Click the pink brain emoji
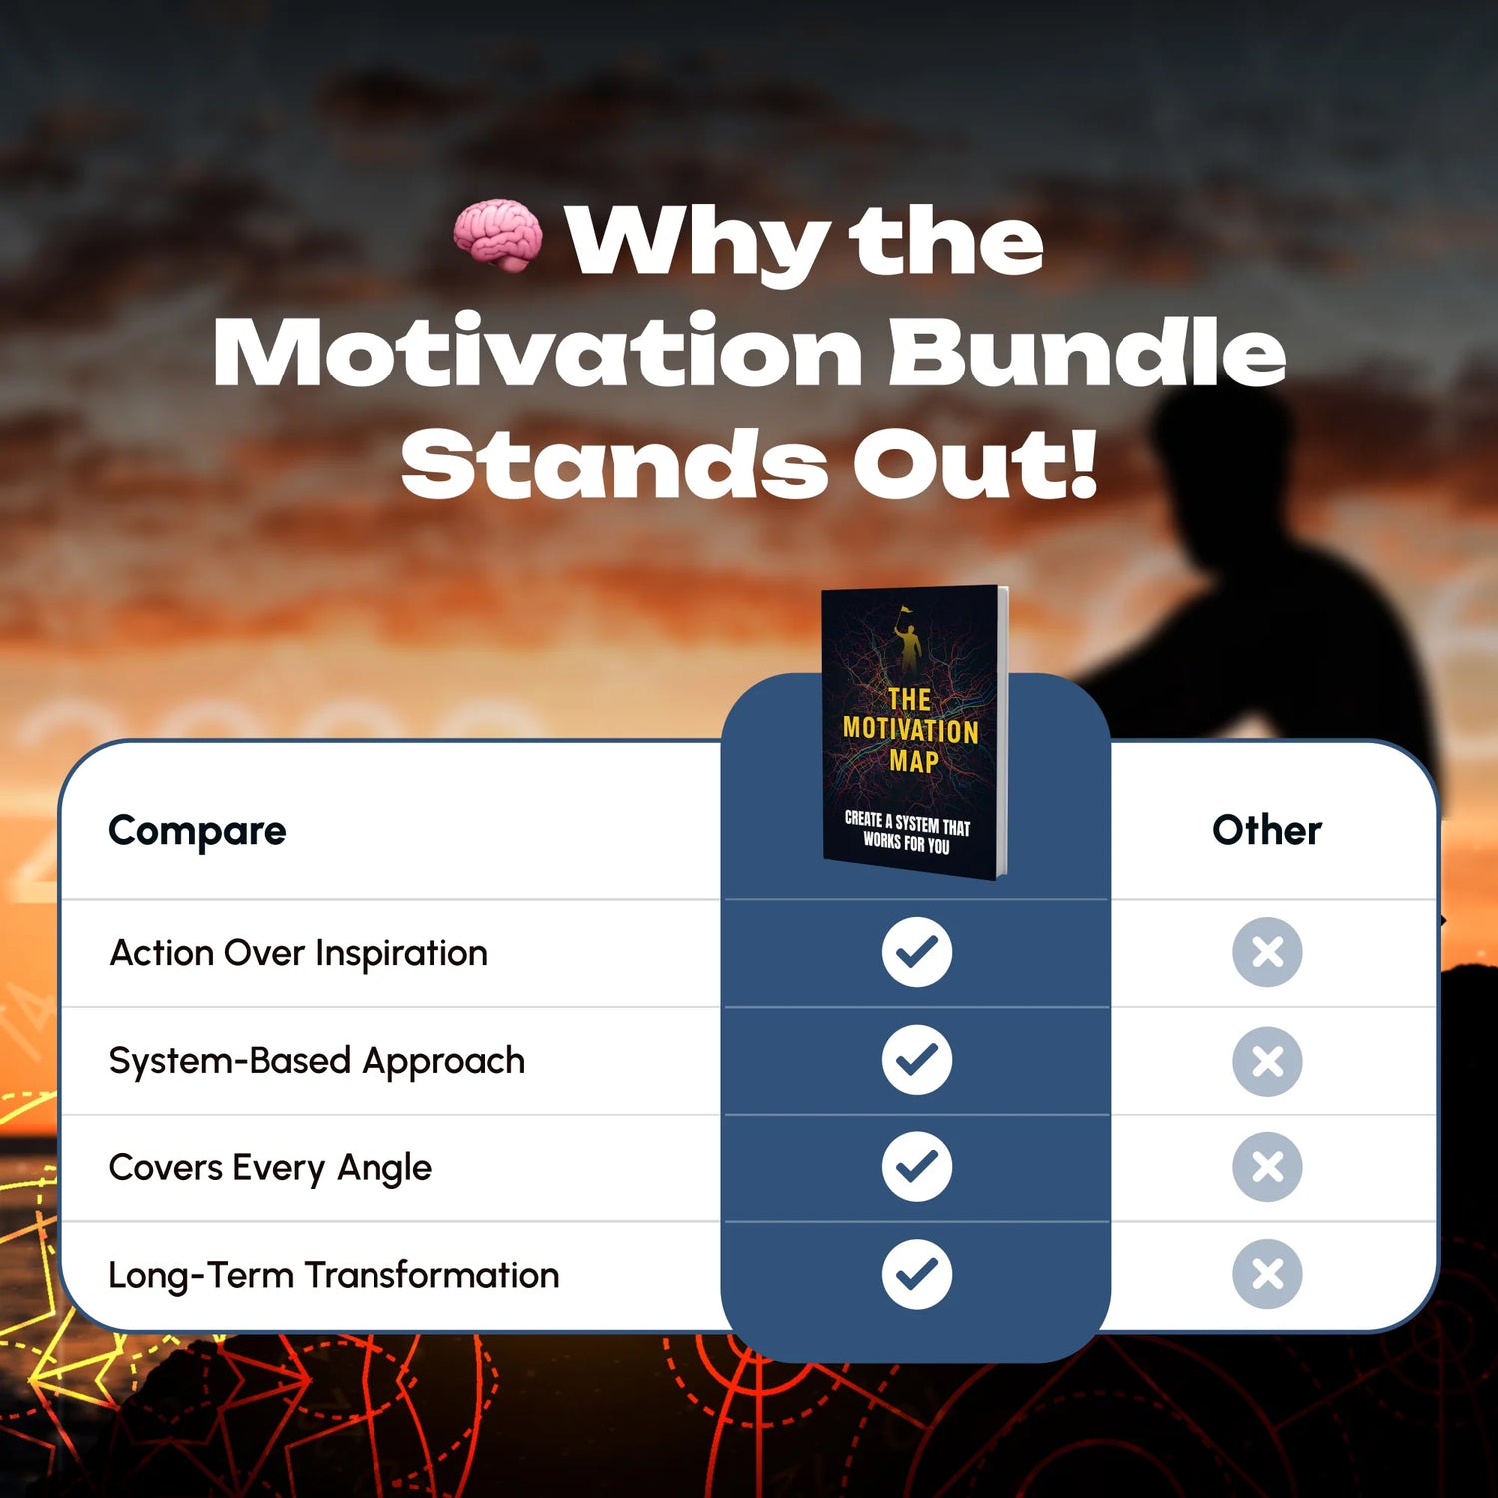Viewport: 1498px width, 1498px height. (x=498, y=235)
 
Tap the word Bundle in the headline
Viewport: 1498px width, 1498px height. (x=1087, y=353)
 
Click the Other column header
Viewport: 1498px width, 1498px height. (x=1267, y=830)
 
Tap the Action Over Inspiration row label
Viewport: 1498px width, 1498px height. (x=299, y=954)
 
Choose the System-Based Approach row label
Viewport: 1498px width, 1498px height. (x=317, y=1062)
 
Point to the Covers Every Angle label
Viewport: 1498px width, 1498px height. (x=271, y=1168)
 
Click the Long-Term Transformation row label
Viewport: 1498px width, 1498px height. (x=334, y=1276)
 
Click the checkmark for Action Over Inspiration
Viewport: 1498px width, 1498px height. (x=917, y=952)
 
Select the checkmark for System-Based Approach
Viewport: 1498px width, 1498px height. (x=917, y=1060)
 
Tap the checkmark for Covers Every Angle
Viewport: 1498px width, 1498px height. (x=917, y=1166)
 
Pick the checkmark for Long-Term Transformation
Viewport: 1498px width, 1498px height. (x=917, y=1274)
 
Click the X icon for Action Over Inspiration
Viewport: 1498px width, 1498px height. (x=1267, y=952)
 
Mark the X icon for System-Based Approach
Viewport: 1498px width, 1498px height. (x=1267, y=1060)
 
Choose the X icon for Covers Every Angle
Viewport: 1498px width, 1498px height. (x=1267, y=1166)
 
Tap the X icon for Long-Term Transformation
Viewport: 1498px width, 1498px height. (x=1267, y=1274)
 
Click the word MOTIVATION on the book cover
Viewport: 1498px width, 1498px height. (x=910, y=730)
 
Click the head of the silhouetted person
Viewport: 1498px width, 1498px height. (x=1211, y=454)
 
